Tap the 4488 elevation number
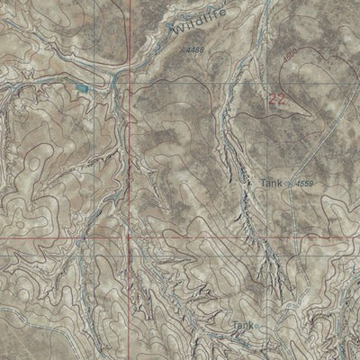(x=196, y=49)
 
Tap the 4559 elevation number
(x=303, y=183)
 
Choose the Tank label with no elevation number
(x=241, y=325)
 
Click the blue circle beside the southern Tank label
(x=256, y=325)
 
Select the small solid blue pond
(x=83, y=87)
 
